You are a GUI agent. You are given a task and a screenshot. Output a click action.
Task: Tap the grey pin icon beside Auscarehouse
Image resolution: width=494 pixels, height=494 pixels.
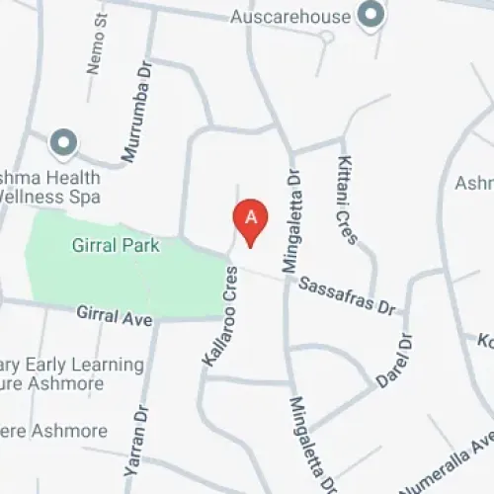(371, 15)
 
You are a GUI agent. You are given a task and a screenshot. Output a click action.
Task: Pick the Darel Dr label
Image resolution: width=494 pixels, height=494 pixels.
(396, 361)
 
